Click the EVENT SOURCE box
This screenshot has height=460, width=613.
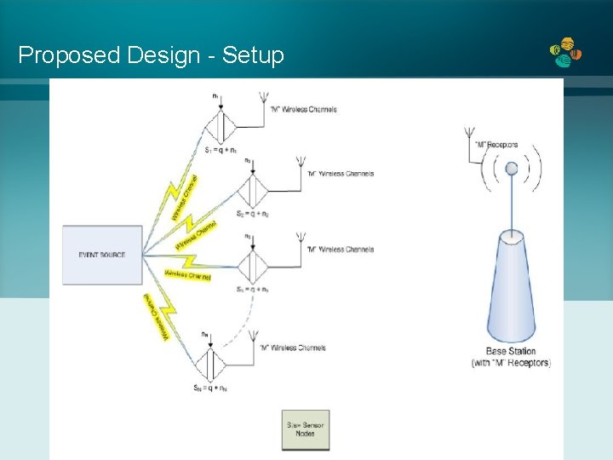pos(102,255)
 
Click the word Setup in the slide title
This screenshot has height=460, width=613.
pos(252,55)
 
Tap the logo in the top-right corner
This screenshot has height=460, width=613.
pos(566,53)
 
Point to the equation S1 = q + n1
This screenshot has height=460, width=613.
pos(221,150)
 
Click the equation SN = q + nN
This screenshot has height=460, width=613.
pos(209,388)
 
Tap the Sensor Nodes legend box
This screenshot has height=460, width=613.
pos(306,429)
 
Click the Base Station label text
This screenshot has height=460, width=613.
pos(511,351)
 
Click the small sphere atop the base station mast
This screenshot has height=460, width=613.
pos(512,169)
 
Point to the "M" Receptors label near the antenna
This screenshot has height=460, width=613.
pos(497,145)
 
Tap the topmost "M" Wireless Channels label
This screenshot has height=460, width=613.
pos(304,109)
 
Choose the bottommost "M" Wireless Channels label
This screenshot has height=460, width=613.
pos(304,348)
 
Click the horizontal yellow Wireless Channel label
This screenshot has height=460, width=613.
pos(187,275)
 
